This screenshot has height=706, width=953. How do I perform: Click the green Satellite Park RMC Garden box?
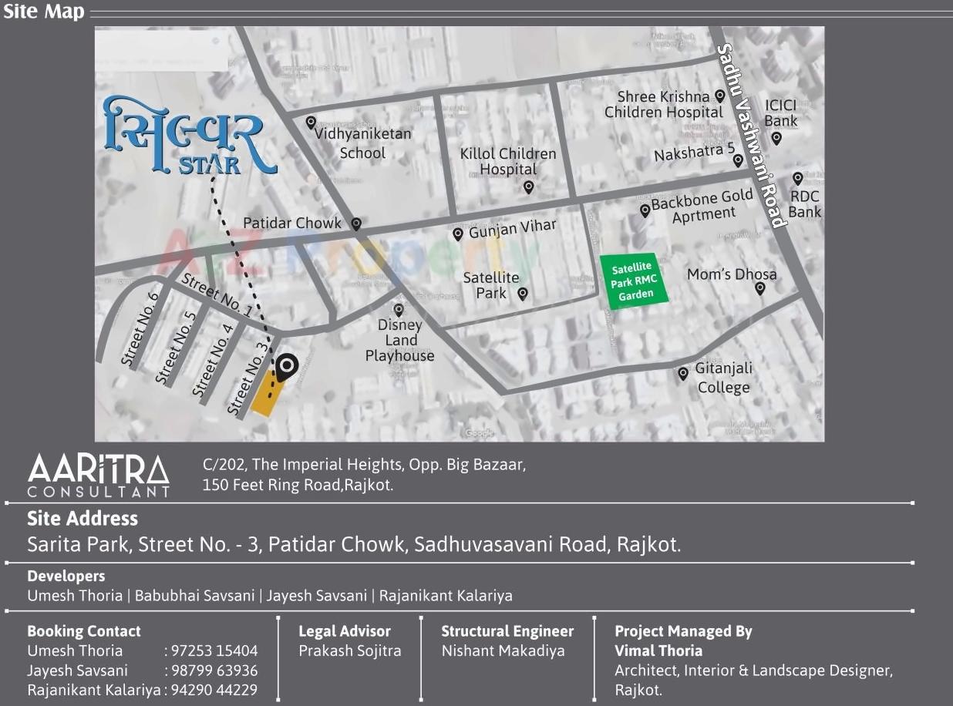click(x=634, y=281)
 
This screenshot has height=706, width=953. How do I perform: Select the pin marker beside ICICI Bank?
click(x=776, y=139)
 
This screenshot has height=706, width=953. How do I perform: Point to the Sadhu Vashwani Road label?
click(x=751, y=136)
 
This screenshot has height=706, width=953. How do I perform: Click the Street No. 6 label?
click(x=140, y=328)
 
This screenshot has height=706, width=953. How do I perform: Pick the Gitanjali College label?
click(x=723, y=378)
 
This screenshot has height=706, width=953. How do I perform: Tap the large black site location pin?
click(x=287, y=367)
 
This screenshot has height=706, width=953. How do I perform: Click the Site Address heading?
click(x=83, y=518)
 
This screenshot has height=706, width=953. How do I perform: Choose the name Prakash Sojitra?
click(x=350, y=651)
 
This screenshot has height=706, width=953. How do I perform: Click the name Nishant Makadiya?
click(x=503, y=651)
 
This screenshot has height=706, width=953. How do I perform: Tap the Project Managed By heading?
click(x=683, y=631)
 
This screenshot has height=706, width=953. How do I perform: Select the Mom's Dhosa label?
click(x=731, y=274)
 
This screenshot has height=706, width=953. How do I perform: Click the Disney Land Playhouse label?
click(x=399, y=340)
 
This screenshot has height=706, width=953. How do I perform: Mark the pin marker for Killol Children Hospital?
click(x=528, y=187)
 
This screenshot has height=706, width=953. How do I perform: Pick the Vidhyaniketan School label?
click(x=362, y=143)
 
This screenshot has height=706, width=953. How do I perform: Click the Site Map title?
click(x=43, y=12)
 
